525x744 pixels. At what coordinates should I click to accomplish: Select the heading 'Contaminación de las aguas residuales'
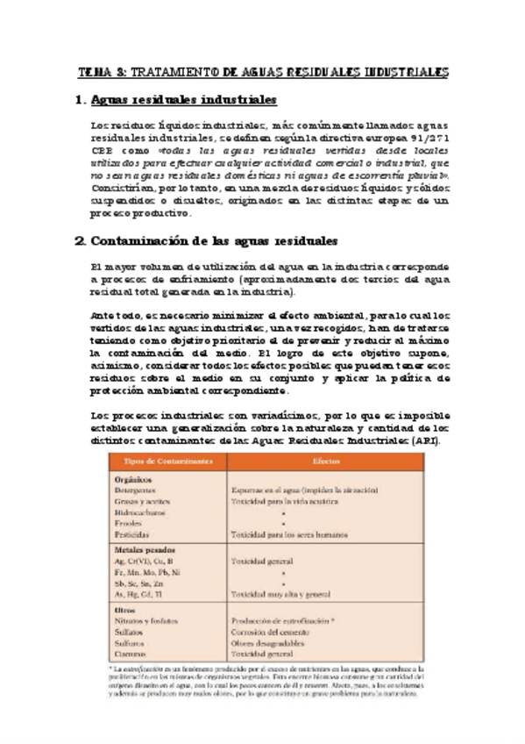coord(214,240)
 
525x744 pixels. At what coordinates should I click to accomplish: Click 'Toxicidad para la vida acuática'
coord(283,501)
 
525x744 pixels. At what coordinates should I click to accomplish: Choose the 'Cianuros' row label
coord(131,654)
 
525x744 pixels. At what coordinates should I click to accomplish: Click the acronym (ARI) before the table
coord(426,440)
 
